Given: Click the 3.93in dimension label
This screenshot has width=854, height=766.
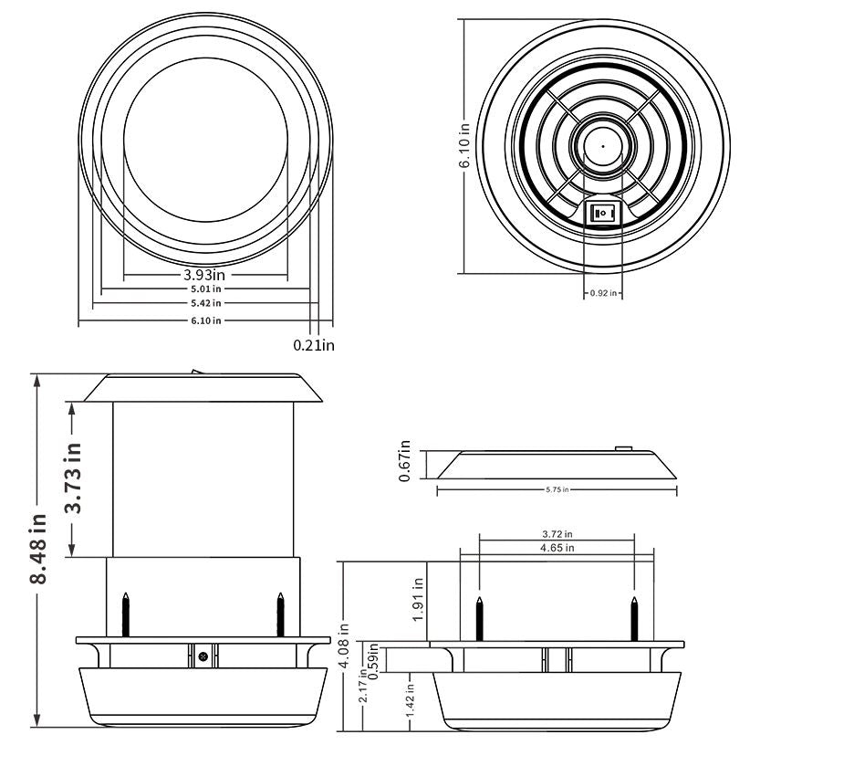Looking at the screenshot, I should coord(205,274).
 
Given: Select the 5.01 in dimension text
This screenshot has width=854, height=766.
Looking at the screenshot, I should coord(205,289).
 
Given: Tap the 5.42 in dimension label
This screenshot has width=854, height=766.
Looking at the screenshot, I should coord(205,302).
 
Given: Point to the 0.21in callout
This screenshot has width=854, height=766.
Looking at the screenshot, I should coord(314,345).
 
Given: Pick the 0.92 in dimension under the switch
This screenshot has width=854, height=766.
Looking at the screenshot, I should coord(603,293).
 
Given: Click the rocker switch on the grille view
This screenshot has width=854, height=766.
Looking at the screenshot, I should coord(603,214).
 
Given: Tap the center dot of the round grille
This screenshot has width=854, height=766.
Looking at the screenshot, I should coord(603,146).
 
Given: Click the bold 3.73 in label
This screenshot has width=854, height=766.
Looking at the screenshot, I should coord(74,477).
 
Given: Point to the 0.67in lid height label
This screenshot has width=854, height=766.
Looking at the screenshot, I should coord(406,461).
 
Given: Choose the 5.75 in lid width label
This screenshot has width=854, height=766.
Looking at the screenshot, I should coord(557,490).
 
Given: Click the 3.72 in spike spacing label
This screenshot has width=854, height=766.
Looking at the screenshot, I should coord(557,534).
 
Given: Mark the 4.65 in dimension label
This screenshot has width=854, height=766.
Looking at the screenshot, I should coord(557,548).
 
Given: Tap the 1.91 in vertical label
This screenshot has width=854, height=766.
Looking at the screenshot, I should coord(419,600).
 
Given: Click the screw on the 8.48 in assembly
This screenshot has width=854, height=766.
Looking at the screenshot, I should coord(203,655).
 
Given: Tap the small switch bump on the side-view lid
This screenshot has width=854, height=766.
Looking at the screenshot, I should coord(623,448).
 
